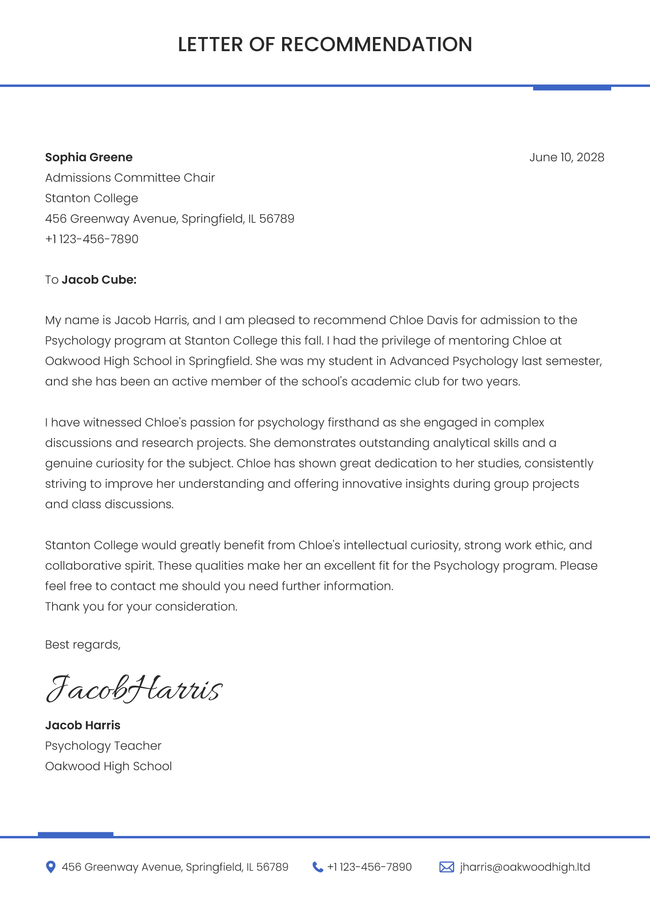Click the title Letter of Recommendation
pos(325,45)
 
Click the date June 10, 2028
pos(566,157)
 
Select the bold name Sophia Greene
pos(89,157)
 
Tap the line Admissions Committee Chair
pos(130,178)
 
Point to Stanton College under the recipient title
pos(91,198)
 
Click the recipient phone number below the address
pos(91,239)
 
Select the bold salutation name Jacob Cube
pos(99,280)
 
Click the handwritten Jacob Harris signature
pos(133,688)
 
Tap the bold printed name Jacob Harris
pos(83,725)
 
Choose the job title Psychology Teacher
pos(103,746)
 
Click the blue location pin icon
pos(51,867)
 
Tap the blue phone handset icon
pos(317,867)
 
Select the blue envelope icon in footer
pos(446,867)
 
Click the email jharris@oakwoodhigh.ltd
pos(525,867)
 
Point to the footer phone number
pos(369,867)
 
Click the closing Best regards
pos(83,645)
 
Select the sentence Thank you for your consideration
pos(141,607)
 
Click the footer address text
pos(175,867)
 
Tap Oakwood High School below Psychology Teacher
pos(108,766)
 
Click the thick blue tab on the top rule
pos(571,88)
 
